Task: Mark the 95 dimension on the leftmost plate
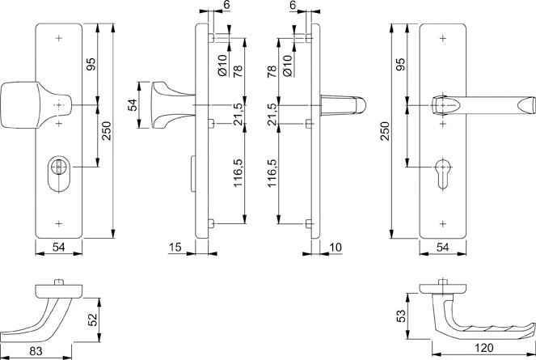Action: click(x=91, y=63)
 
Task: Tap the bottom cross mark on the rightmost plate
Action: click(x=442, y=221)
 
